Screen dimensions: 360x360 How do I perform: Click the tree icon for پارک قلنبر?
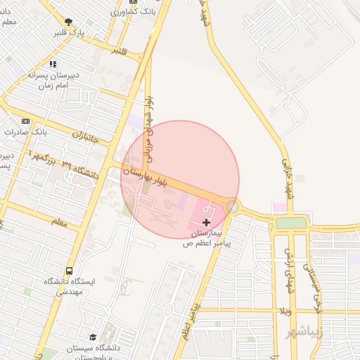click(68, 22)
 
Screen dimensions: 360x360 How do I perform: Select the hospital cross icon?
click(205, 222)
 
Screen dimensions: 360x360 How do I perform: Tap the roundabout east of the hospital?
click(232, 206)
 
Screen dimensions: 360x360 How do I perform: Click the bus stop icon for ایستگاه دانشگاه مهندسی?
click(69, 271)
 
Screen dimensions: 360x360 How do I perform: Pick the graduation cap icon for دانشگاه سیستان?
click(94, 337)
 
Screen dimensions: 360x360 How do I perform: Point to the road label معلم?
click(60, 221)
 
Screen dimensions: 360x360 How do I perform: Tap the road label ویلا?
click(285, 310)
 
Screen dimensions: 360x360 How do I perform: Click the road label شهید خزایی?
click(287, 176)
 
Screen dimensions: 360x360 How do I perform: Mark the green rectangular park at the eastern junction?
click(291, 223)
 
